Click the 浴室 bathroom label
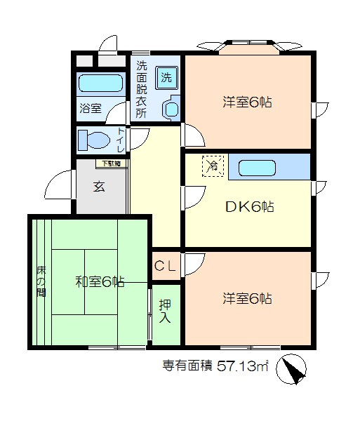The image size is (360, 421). coord(91,109)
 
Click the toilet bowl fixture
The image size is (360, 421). coord(94,140)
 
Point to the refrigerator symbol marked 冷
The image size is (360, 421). coord(212,166)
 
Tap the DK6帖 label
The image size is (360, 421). coord(249,207)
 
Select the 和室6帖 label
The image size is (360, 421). coord(100,282)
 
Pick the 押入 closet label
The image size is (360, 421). coord(165,312)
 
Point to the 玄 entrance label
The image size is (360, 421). coord(100,187)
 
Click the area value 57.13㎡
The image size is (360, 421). coord(243,366)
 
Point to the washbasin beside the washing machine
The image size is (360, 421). coord(171,107)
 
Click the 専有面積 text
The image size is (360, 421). coord(187,366)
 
